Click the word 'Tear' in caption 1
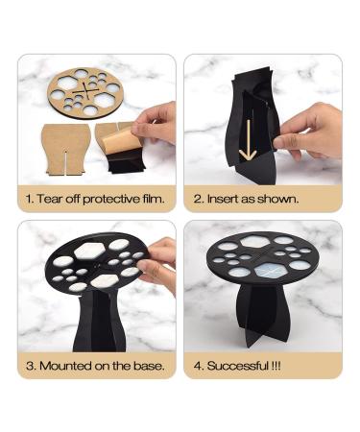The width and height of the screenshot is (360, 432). click(49, 201)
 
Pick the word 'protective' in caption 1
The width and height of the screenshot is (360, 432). click(103, 201)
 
